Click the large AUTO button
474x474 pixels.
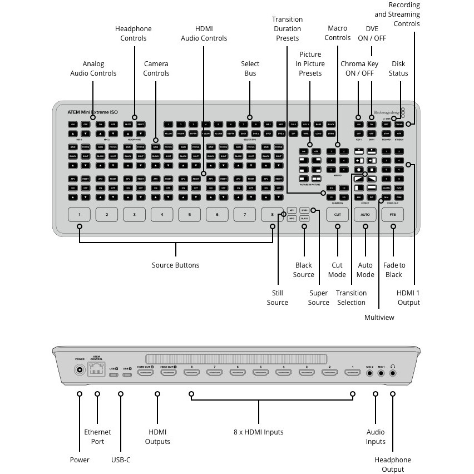click(x=365, y=214)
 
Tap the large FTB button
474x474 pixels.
click(x=393, y=214)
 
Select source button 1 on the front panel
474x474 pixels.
click(x=80, y=214)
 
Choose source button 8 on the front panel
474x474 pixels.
click(x=273, y=214)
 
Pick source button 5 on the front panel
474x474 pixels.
click(x=190, y=214)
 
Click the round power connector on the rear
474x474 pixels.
click(x=80, y=371)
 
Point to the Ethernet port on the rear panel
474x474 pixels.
click(x=97, y=371)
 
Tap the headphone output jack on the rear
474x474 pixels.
click(x=393, y=372)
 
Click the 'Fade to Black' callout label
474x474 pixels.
click(x=394, y=270)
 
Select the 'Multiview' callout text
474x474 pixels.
click(x=379, y=317)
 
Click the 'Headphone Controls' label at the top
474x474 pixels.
click(x=134, y=33)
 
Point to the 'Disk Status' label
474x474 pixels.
click(x=398, y=68)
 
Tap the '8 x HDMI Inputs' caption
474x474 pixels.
click(x=259, y=432)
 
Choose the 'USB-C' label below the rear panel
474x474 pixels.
click(x=121, y=460)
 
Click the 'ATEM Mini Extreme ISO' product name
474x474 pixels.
click(x=93, y=112)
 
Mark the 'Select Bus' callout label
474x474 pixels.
click(x=250, y=68)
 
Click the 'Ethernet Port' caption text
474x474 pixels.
click(x=97, y=437)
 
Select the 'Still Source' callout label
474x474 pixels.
click(x=277, y=298)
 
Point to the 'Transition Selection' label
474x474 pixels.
click(x=351, y=298)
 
